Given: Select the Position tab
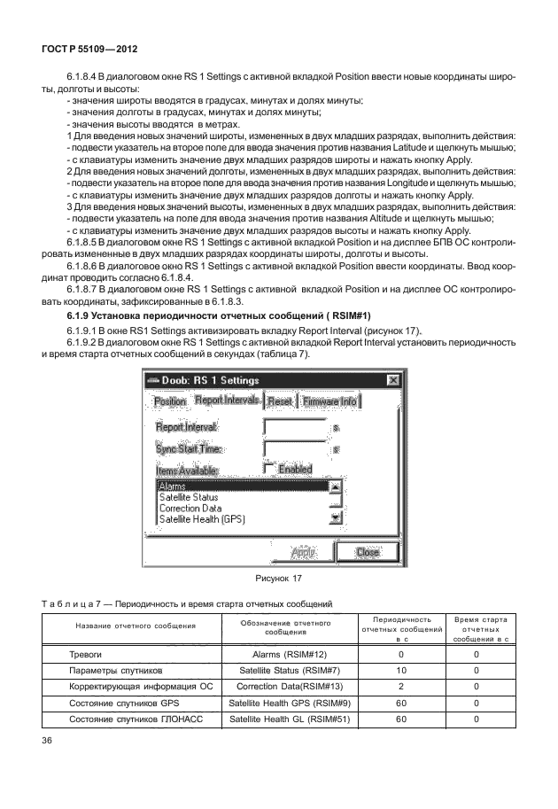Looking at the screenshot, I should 170,401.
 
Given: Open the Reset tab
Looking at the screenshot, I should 279,401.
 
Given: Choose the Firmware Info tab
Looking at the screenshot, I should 329,401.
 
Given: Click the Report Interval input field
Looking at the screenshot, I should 294,427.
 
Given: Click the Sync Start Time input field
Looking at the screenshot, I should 294,449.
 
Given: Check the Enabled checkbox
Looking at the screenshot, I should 269,468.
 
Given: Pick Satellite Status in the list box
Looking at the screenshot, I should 188,497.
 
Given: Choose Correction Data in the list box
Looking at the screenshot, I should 190,509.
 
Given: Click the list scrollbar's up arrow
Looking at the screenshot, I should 335,486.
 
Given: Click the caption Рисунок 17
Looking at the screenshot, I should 278,579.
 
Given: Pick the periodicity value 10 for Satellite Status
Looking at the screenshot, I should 401,671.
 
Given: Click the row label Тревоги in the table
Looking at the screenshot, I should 87,655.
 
